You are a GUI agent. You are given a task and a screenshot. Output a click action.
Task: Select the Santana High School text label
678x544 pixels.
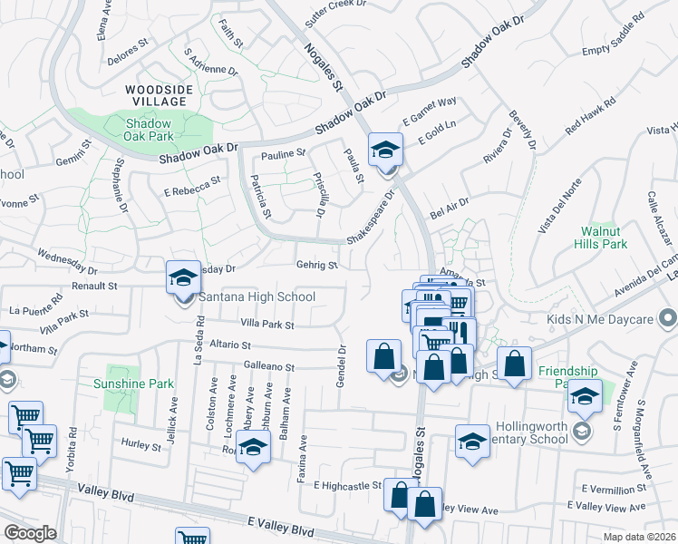tap(257, 296)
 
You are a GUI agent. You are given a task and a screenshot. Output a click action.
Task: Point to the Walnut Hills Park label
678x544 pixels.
tap(601, 238)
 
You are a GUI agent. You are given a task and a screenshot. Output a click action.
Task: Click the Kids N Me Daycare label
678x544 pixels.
tap(601, 319)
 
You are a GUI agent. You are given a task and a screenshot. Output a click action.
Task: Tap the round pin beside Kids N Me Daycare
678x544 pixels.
tap(668, 319)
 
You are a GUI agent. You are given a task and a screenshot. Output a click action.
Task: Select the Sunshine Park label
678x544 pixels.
tap(133, 384)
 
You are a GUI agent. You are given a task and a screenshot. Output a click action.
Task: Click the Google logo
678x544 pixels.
tap(29, 532)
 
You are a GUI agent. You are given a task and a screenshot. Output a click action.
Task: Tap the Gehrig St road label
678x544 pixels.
tap(316, 266)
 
